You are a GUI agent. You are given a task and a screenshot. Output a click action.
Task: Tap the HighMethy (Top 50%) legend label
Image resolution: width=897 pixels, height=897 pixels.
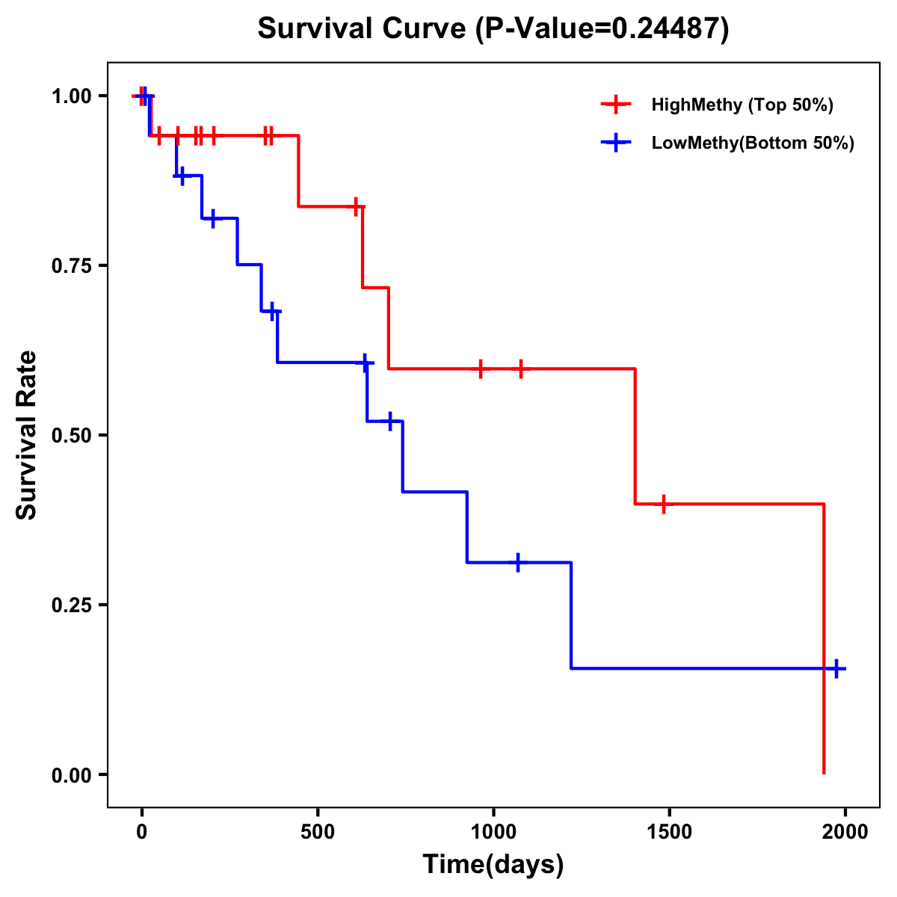click(742, 105)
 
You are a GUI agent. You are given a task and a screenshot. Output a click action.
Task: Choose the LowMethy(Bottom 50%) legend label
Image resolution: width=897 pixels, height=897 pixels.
click(753, 143)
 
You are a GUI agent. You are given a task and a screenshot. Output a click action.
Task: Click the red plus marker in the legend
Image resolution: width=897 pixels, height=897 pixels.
click(616, 105)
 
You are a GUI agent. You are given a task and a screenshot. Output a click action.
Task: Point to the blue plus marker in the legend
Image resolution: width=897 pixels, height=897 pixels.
click(616, 143)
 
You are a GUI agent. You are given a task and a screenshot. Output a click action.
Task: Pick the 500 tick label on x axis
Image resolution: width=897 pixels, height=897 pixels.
click(318, 832)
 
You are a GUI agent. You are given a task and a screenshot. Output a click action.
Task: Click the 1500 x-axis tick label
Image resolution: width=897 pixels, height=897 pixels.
click(669, 832)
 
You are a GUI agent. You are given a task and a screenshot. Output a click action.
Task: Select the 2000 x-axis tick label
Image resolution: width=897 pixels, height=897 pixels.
click(845, 832)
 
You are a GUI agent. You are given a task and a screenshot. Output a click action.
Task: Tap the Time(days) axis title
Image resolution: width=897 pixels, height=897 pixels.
click(493, 865)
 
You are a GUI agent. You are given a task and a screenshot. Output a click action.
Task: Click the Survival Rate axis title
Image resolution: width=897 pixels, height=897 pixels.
click(27, 435)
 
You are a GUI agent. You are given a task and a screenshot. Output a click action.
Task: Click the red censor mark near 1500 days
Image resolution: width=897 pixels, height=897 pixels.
click(662, 505)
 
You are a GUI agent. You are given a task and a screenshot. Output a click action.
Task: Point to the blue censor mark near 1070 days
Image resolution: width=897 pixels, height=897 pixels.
click(517, 562)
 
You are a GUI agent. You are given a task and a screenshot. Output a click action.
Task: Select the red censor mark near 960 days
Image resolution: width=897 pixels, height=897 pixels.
click(480, 369)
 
